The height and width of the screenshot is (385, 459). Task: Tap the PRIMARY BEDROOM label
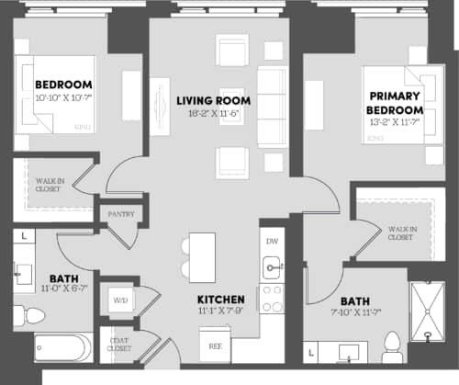396,102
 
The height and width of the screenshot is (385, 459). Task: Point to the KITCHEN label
221,300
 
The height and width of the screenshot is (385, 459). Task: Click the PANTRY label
120,214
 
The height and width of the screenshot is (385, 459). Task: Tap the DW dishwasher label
271,241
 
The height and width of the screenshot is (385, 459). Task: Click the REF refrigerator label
217,347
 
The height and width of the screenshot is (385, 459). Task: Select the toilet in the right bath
391,346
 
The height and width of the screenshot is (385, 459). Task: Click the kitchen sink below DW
271,267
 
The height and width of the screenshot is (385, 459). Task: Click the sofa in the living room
271,108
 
